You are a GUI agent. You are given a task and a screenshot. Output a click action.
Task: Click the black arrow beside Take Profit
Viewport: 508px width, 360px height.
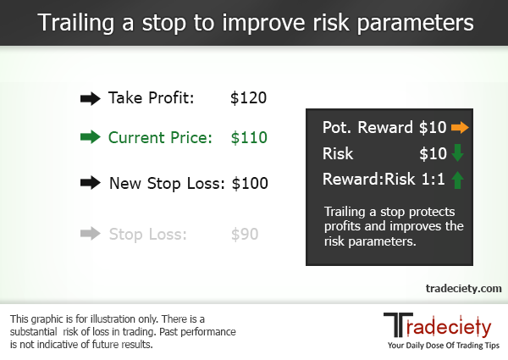[x=90, y=98]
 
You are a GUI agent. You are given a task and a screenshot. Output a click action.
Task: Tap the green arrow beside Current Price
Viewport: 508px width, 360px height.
[x=90, y=138]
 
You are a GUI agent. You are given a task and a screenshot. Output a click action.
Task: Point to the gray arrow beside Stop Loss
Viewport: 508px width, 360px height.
[x=90, y=233]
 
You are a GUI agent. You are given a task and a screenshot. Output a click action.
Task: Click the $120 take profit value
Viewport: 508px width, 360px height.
[x=248, y=98]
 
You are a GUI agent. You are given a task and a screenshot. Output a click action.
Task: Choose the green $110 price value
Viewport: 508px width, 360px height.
[x=248, y=138]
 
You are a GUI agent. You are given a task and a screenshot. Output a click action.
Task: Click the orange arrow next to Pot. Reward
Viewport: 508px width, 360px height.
[x=459, y=128]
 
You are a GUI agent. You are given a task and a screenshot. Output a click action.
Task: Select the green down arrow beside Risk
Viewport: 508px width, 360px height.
[x=458, y=153]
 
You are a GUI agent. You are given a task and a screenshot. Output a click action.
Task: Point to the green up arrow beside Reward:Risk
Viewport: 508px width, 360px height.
[x=458, y=180]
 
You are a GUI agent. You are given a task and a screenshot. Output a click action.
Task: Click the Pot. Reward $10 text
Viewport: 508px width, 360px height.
[x=384, y=128]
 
